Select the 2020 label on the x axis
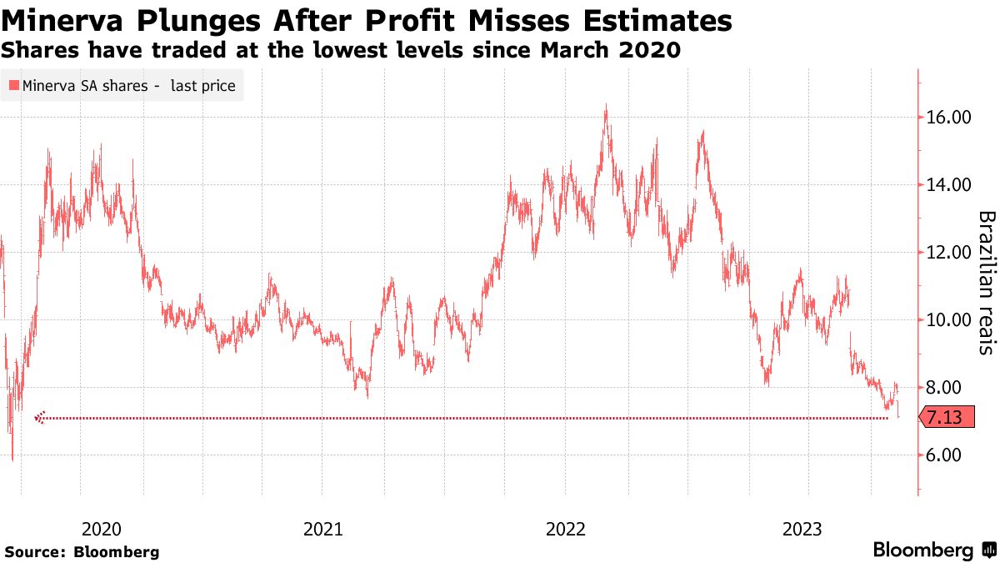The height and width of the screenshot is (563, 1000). pos(102,529)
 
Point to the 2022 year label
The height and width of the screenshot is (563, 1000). pos(565,529)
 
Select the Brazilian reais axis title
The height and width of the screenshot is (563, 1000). pos(987,283)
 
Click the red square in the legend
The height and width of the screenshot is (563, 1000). pos(13,85)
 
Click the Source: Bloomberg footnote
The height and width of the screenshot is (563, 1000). pos(82,551)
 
